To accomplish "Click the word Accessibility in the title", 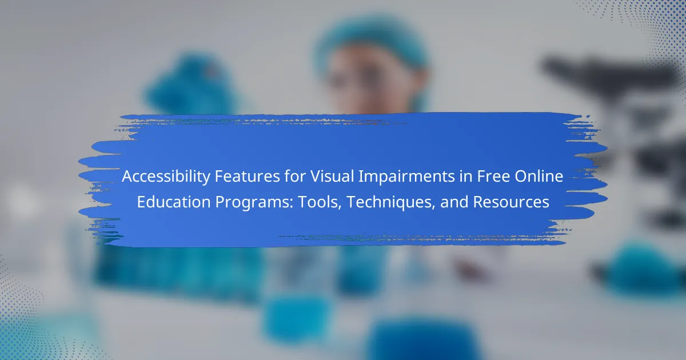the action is tap(166, 177).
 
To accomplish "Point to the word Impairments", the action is tap(406, 177).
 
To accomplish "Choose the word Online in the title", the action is tap(539, 177).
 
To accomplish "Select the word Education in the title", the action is tap(174, 202).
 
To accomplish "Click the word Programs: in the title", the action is tap(254, 203).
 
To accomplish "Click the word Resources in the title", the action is tap(511, 202).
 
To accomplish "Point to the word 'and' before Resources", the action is tap(454, 202).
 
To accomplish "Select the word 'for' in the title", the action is tap(295, 177).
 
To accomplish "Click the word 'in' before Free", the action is tap(466, 177).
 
